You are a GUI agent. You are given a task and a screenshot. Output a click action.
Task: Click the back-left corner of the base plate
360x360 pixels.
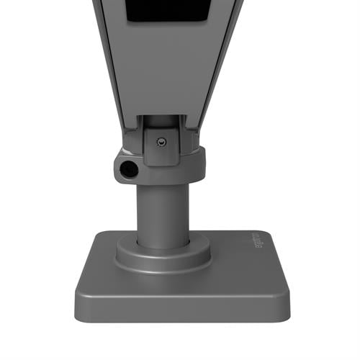[x=101, y=234]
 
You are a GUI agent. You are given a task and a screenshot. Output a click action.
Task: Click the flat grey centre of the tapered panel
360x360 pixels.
[x=162, y=72]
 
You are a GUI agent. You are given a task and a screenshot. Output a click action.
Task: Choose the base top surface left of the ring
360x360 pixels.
[x=97, y=266]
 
